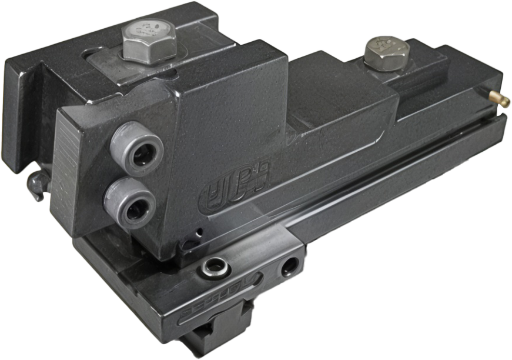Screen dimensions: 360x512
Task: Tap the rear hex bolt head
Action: pos(384,52)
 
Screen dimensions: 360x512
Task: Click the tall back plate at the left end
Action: pos(24,112)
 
